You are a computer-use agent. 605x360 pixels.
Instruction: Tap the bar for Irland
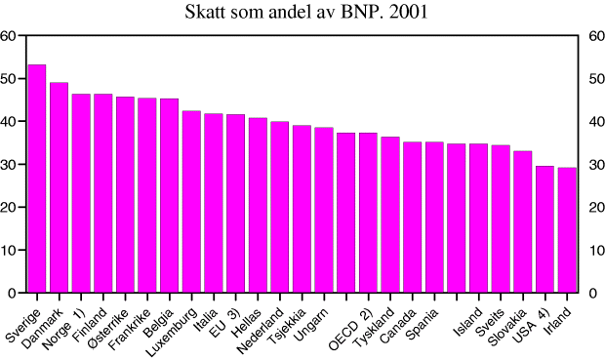[x=566, y=230]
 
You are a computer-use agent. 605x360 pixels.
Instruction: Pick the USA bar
[x=544, y=229]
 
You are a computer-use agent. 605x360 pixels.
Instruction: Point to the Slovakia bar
[x=522, y=221]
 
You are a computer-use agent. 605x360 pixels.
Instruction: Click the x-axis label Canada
[x=401, y=321]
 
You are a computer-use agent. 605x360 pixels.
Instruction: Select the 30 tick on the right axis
[x=594, y=165]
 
